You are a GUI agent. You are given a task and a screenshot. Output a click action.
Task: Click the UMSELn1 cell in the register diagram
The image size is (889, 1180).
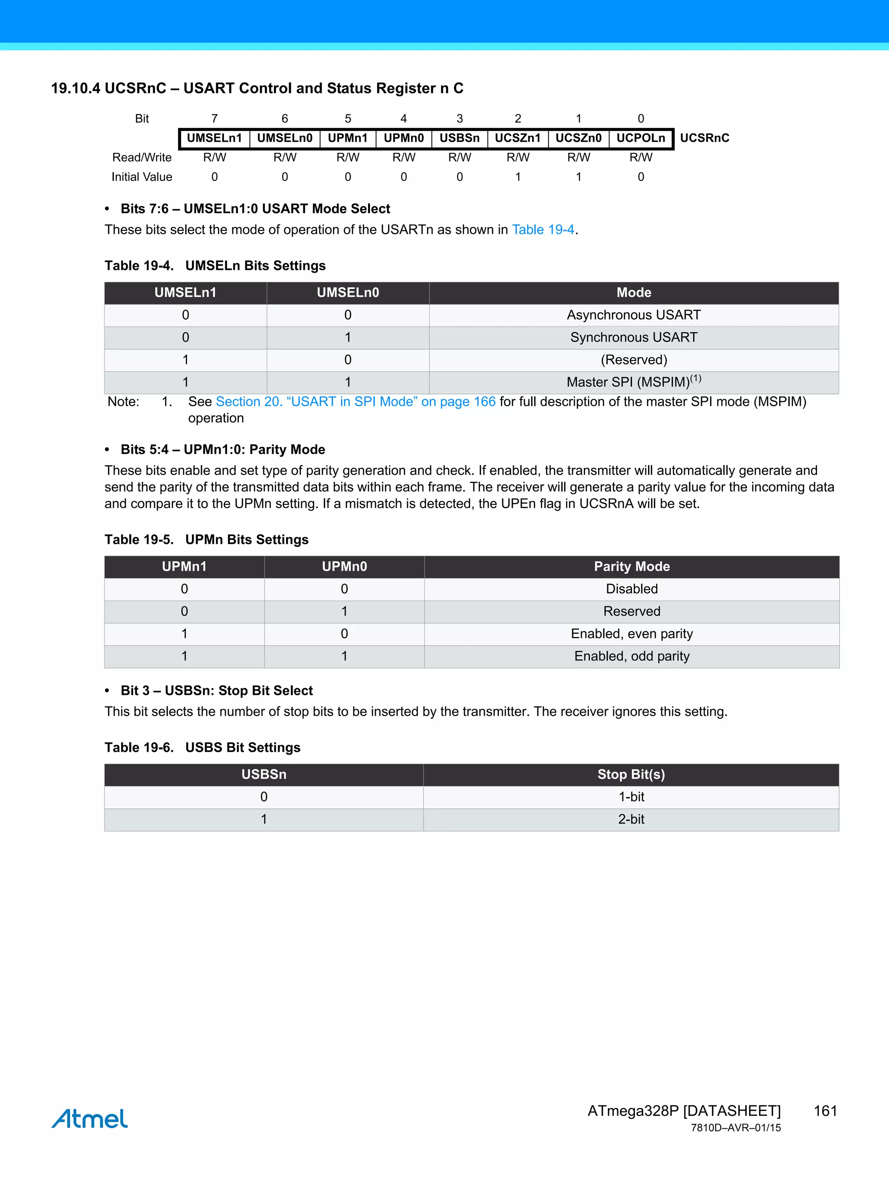tap(214, 138)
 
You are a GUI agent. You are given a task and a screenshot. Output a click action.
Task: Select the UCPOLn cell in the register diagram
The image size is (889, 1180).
tap(640, 138)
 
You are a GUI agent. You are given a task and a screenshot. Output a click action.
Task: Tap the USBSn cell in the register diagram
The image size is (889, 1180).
tap(459, 138)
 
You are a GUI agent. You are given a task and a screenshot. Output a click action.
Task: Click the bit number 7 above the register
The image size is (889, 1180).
tap(214, 118)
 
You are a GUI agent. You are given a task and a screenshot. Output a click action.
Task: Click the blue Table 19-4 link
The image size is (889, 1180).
tap(543, 230)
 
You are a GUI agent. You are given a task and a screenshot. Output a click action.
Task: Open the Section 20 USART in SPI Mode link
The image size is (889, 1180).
tap(356, 402)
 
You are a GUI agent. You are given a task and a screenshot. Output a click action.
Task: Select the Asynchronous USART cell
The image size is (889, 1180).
tap(633, 315)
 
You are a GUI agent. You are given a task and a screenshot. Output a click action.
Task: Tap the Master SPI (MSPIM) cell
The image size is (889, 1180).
tap(633, 382)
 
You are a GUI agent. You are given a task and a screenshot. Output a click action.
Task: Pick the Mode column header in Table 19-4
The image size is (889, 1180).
tap(633, 293)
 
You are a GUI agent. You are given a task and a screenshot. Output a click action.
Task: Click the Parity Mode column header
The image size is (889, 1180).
tap(631, 566)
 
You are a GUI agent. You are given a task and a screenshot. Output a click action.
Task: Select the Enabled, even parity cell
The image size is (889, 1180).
tap(631, 634)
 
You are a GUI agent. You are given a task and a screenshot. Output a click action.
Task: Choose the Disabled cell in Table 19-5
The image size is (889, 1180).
tap(631, 589)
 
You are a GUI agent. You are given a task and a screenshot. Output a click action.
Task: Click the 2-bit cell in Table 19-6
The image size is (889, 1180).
tap(631, 819)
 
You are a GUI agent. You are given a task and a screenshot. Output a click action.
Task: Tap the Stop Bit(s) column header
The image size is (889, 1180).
tap(631, 775)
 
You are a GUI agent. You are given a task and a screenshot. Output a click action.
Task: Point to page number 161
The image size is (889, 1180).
tap(825, 1111)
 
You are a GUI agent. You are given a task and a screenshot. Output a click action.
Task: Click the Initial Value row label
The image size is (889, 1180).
tap(142, 177)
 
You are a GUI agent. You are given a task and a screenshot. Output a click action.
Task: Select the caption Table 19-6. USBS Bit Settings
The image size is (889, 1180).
tap(202, 747)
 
